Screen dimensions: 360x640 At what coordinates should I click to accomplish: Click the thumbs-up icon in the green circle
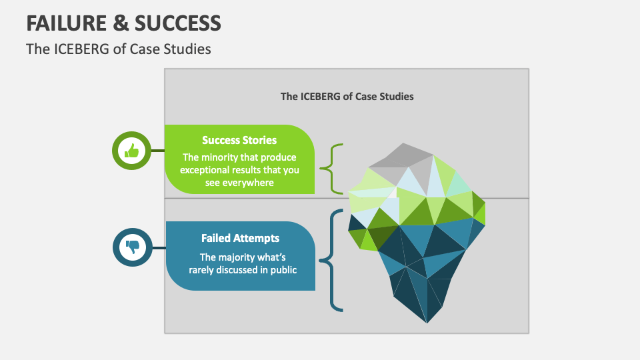[x=131, y=151]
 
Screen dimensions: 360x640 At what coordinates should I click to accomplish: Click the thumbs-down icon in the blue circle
[x=131, y=247]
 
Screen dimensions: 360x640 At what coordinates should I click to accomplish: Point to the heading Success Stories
[x=239, y=141]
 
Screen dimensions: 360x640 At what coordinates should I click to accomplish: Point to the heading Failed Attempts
[x=240, y=238]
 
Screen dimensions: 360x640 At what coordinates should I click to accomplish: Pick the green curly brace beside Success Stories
[x=331, y=168]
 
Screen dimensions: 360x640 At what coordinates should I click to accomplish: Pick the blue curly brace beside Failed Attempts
[x=331, y=259]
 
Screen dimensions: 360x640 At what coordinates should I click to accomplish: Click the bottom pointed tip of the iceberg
[x=427, y=322]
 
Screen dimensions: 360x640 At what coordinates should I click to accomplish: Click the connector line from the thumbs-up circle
[x=158, y=151]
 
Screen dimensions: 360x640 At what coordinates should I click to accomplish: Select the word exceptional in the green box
[x=205, y=170]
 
